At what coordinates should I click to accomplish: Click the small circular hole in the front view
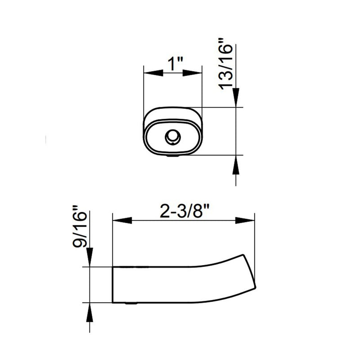pos(172,136)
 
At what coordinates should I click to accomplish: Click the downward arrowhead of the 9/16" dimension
pos(89,256)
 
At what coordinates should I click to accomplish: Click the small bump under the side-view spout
pos(130,304)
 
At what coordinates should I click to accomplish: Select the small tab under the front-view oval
pos(173,156)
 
